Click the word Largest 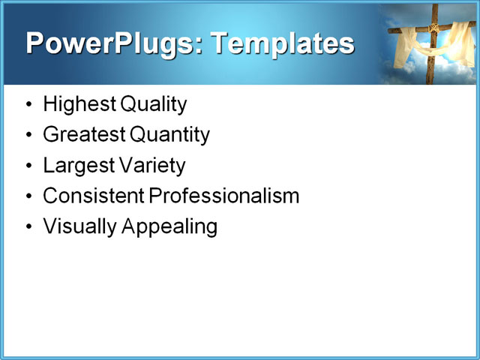click(76, 165)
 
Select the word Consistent click(93, 196)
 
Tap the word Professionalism click(223, 196)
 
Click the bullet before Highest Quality click(29, 105)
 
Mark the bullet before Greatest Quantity click(29, 136)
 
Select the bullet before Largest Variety click(29, 166)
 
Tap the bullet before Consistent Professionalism click(29, 196)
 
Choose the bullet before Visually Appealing click(29, 226)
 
